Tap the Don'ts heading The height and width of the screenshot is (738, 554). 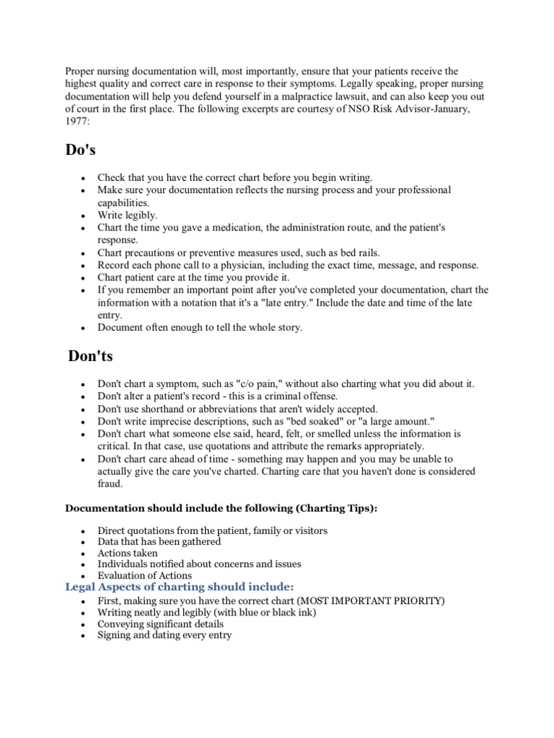tap(90, 356)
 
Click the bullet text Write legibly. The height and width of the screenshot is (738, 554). tap(127, 215)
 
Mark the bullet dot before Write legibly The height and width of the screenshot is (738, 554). tap(84, 216)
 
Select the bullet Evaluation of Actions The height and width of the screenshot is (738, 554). tap(144, 576)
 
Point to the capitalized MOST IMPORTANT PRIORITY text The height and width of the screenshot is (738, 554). tap(361, 601)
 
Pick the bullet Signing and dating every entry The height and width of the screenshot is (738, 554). tap(164, 636)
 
